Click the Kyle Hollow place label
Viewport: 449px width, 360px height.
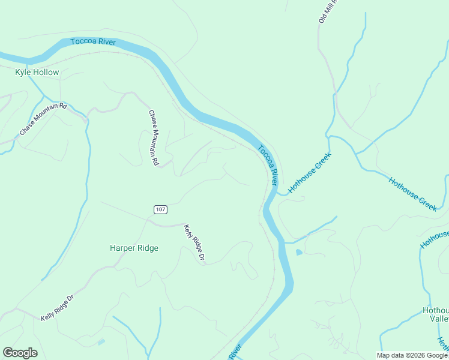tap(37, 73)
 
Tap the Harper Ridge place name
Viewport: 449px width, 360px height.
tap(134, 248)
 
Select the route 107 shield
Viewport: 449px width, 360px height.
tap(160, 209)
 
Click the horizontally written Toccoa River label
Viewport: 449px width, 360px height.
tap(93, 42)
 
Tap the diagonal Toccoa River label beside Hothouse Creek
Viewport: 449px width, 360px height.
tap(268, 165)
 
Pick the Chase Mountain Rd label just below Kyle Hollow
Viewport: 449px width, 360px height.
tap(43, 119)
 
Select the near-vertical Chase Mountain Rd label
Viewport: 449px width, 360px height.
tap(154, 138)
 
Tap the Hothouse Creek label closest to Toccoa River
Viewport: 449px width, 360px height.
tap(309, 172)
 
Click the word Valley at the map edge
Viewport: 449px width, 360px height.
tap(439, 320)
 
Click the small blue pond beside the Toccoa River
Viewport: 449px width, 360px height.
tap(299, 252)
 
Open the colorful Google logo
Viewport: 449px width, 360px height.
tap(20, 353)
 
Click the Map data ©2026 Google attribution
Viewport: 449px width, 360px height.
tap(412, 355)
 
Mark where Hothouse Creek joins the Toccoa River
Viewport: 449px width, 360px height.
tap(277, 193)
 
